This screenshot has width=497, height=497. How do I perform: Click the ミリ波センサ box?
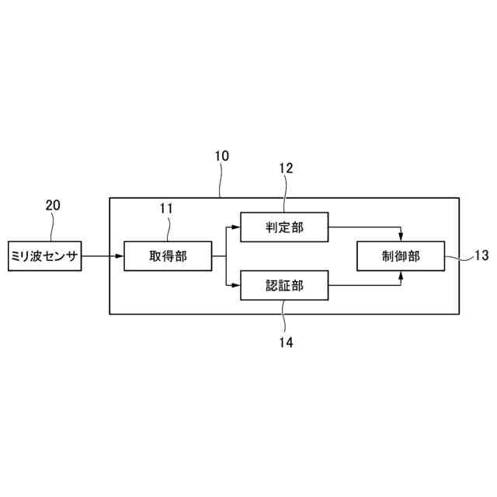[x=44, y=255]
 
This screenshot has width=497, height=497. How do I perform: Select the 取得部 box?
[x=167, y=255]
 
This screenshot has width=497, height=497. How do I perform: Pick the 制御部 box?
[x=400, y=255]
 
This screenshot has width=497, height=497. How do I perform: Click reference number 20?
[x=53, y=206]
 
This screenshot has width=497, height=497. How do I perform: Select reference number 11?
[x=166, y=208]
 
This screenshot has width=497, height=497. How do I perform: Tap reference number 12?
[x=285, y=168]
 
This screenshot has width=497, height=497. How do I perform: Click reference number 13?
[x=481, y=255]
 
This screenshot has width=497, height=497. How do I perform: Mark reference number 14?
[x=285, y=340]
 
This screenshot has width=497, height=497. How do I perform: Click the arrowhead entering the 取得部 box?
[x=119, y=255]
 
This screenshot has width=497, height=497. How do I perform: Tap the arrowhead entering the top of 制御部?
[x=401, y=236]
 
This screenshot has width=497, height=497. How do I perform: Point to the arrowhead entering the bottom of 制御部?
[x=401, y=275]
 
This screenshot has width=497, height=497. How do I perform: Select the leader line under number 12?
[x=284, y=194]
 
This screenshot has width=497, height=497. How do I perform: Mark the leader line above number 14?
[x=284, y=317]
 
